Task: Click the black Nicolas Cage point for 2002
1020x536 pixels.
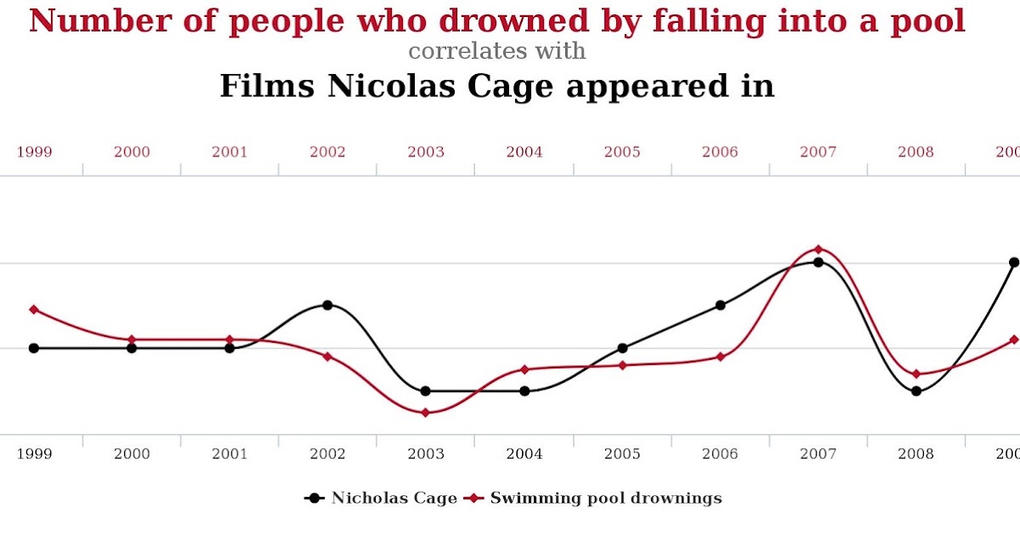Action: click(x=327, y=305)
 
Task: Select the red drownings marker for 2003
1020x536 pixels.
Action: click(x=426, y=413)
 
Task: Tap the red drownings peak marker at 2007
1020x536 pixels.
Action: click(x=818, y=249)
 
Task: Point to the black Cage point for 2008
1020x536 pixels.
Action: click(x=916, y=391)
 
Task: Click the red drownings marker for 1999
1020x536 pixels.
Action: click(x=34, y=309)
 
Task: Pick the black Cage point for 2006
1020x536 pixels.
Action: click(x=720, y=305)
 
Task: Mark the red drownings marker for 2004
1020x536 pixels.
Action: click(x=524, y=369)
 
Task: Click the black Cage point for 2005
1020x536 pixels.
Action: click(x=622, y=348)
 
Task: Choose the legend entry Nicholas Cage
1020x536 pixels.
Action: click(x=394, y=498)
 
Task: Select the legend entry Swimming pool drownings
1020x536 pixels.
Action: click(x=605, y=498)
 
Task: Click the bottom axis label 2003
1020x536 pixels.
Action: click(x=426, y=454)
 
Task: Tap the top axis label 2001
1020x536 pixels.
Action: click(x=229, y=152)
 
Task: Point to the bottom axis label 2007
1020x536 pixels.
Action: click(x=818, y=454)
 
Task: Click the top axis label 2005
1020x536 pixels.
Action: click(x=622, y=152)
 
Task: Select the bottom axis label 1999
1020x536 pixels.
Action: click(x=34, y=454)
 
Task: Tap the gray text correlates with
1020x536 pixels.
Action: click(x=497, y=51)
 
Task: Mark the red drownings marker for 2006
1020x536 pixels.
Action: click(x=720, y=356)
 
